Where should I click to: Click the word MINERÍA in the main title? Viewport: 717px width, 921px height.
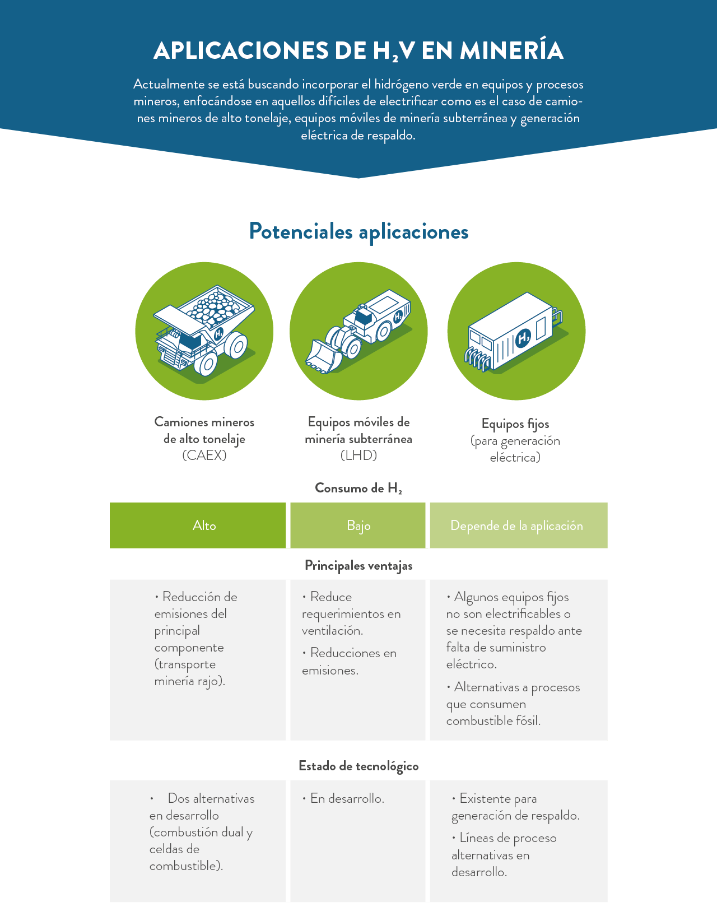(511, 50)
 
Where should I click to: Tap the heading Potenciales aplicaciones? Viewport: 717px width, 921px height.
(358, 231)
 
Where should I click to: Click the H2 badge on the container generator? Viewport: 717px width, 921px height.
(523, 338)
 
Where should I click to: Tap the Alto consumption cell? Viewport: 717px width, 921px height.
(204, 525)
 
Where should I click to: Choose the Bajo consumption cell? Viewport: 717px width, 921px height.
(358, 525)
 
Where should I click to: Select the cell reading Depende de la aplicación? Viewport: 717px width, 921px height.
(516, 525)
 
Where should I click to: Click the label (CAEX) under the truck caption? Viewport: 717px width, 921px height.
(204, 455)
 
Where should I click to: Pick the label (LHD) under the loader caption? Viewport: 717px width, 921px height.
(358, 455)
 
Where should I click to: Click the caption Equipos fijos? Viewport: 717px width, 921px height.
(515, 424)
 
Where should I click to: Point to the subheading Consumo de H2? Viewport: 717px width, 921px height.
(358, 488)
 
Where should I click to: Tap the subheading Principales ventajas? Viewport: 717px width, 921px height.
(358, 566)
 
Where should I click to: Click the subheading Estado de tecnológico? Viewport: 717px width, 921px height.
(358, 766)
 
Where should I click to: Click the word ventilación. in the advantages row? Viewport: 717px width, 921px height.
(332, 631)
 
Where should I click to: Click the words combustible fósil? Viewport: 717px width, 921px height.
(493, 721)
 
